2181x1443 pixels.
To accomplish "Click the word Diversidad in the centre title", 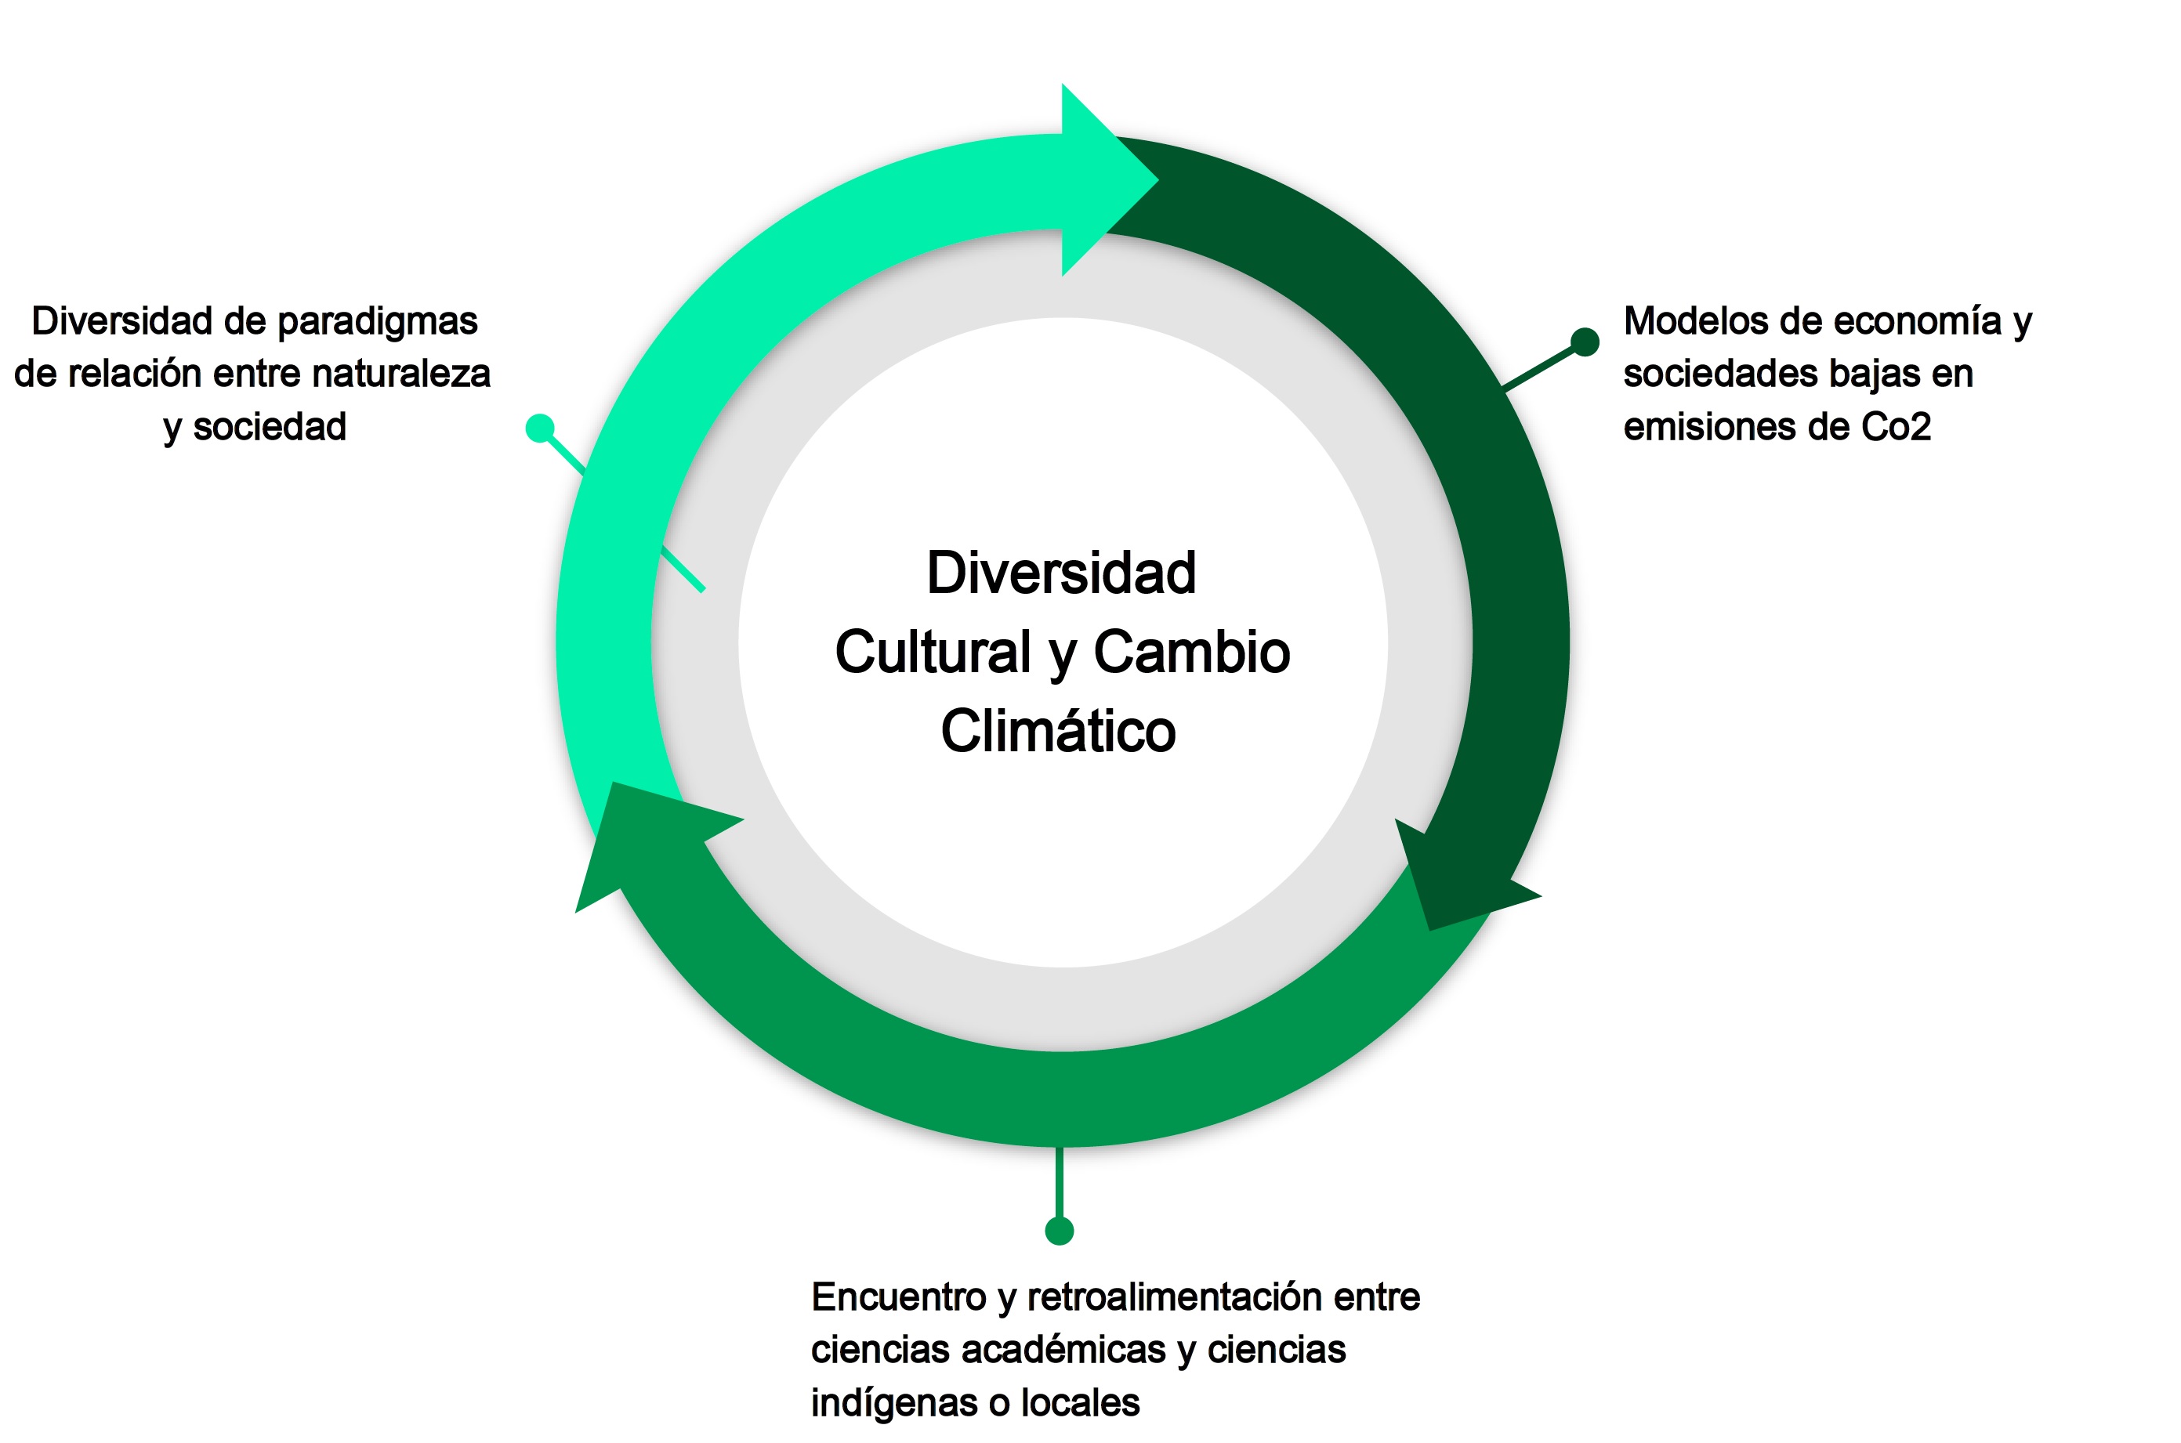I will click(x=1060, y=573).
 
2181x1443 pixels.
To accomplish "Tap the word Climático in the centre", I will click(x=1058, y=732).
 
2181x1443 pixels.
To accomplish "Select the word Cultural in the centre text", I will click(x=933, y=653).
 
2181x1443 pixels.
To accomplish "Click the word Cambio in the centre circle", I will click(x=1191, y=653).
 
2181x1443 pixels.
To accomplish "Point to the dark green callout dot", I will click(x=1585, y=342).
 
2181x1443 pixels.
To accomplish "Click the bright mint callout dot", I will click(x=539, y=428).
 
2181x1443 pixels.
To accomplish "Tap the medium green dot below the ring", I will click(x=1060, y=1231).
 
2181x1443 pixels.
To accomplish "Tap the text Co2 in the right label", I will click(x=1896, y=427).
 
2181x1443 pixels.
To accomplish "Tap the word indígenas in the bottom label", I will click(x=893, y=1402).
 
